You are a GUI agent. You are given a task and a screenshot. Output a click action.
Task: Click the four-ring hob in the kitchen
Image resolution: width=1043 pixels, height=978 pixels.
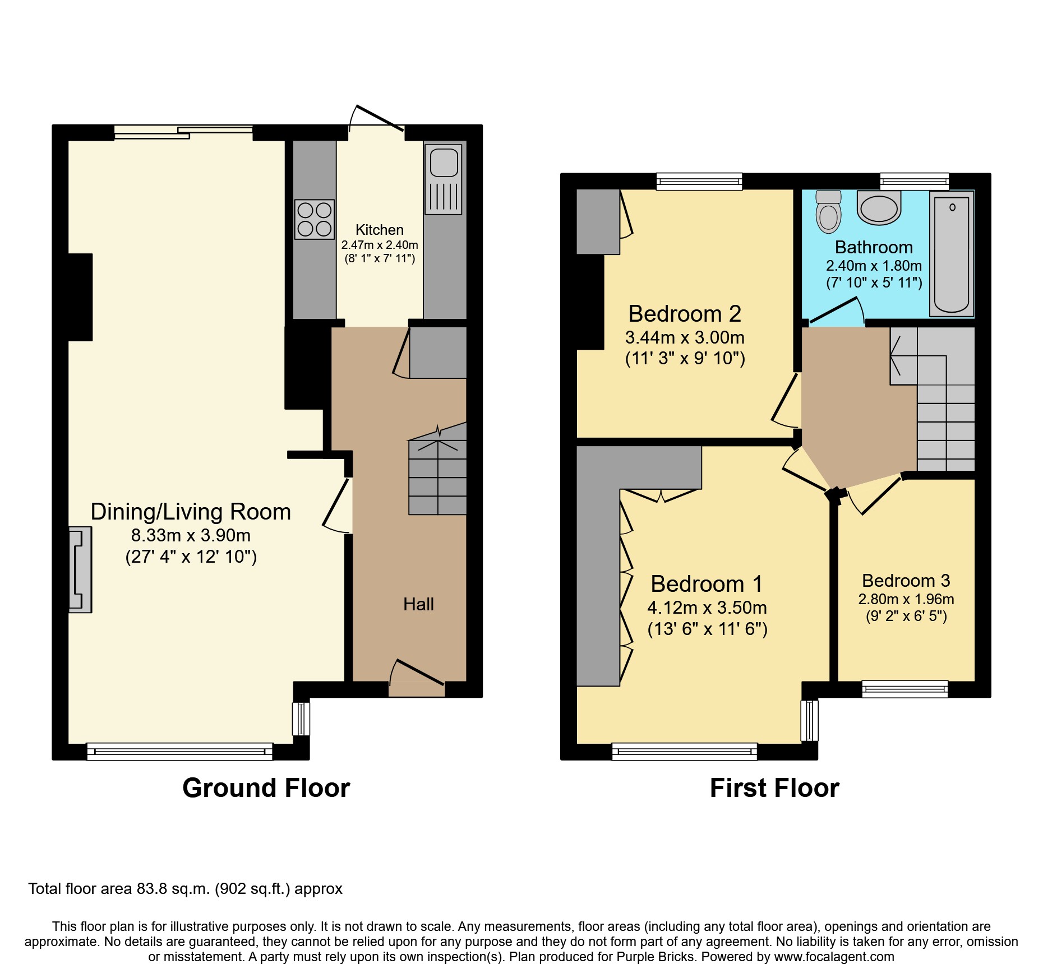pyautogui.click(x=315, y=219)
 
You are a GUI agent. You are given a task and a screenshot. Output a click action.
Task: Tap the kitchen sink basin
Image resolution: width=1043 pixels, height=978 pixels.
pyautogui.click(x=444, y=163)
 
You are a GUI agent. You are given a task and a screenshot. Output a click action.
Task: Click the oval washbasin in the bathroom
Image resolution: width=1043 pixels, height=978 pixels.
pyautogui.click(x=879, y=207)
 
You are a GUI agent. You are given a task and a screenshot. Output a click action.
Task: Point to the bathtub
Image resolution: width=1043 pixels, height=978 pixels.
pyautogui.click(x=952, y=254)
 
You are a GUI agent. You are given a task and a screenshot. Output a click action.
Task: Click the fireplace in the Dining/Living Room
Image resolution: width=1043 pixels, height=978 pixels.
pyautogui.click(x=80, y=569)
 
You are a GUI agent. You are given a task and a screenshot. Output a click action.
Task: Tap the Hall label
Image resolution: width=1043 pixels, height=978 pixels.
pyautogui.click(x=418, y=604)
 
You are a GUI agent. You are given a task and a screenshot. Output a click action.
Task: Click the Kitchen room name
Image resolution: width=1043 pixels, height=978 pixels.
pyautogui.click(x=380, y=230)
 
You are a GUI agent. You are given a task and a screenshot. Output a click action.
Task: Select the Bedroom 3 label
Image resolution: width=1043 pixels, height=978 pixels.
pyautogui.click(x=906, y=581)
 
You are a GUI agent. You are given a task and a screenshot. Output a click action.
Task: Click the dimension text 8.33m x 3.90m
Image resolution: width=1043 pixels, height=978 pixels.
pyautogui.click(x=191, y=535)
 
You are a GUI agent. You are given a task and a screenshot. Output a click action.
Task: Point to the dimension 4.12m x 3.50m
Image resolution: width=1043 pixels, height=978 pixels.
pyautogui.click(x=707, y=608)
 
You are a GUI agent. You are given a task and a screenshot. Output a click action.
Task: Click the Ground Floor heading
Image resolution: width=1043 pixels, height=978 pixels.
pyautogui.click(x=266, y=788)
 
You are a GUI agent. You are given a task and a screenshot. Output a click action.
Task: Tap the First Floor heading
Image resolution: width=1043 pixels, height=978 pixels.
pyautogui.click(x=774, y=788)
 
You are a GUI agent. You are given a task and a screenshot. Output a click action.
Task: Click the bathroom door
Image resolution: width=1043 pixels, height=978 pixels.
pyautogui.click(x=836, y=311)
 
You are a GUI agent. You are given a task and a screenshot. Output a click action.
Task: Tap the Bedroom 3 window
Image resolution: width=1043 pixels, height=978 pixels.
pyautogui.click(x=904, y=689)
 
